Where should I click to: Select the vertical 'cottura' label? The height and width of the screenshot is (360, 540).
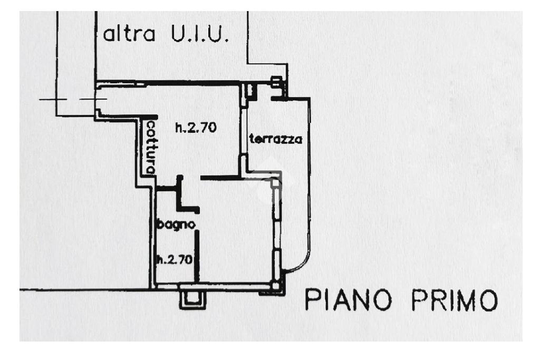coord(151,147)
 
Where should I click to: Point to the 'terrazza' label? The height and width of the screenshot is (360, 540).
coord(275,140)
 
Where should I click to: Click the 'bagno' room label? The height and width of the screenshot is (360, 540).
coord(177,225)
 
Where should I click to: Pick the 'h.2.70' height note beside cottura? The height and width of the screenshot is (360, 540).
coord(196,127)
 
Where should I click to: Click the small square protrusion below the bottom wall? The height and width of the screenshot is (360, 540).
coord(192,299)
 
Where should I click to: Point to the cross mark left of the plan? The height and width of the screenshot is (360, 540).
coord(56,99)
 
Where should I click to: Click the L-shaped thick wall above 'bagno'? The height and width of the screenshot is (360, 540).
coord(182,195)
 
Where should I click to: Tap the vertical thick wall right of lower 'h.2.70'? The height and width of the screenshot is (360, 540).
coord(197,256)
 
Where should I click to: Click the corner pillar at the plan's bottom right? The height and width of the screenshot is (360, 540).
coord(277,286)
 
